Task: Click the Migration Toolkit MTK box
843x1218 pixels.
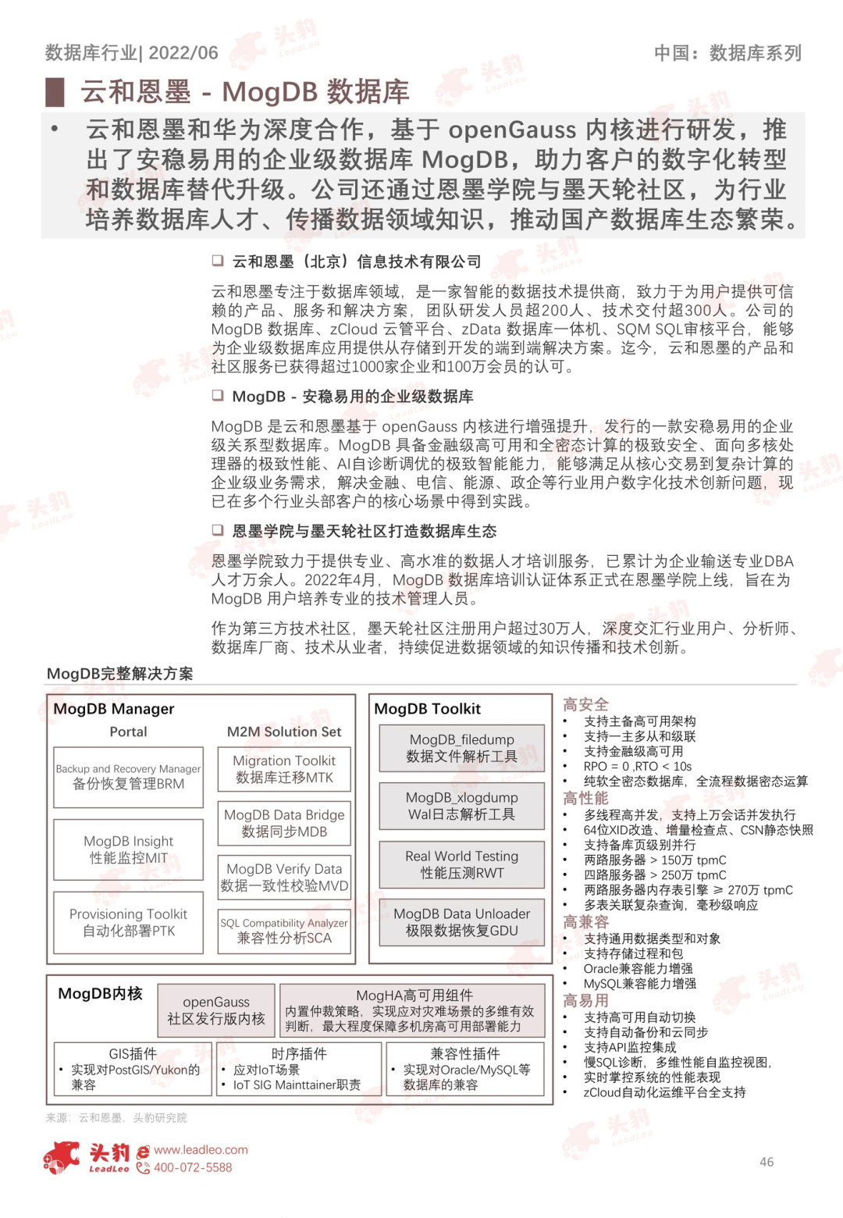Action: click(x=284, y=769)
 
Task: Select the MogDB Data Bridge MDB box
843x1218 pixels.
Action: click(x=284, y=823)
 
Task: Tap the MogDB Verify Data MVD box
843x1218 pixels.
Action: click(x=284, y=877)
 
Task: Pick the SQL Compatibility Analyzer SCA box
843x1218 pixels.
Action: click(x=284, y=931)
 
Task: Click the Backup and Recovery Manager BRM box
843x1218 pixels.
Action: click(x=129, y=777)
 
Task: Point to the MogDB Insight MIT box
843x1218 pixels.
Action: click(x=129, y=849)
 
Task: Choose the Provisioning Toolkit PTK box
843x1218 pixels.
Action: click(x=129, y=922)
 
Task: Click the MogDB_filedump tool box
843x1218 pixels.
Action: click(x=462, y=748)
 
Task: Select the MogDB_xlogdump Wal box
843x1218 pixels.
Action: click(x=462, y=806)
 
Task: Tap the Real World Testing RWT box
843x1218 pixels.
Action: click(x=462, y=864)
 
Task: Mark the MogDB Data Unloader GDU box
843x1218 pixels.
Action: click(x=462, y=922)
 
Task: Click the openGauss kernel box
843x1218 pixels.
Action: click(x=216, y=1010)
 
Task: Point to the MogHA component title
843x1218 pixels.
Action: click(x=414, y=995)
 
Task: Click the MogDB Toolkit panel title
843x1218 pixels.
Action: click(x=428, y=709)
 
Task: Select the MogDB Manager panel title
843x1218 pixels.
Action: click(x=114, y=709)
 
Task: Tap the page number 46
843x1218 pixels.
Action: click(x=767, y=1162)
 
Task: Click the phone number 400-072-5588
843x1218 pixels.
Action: click(x=193, y=1167)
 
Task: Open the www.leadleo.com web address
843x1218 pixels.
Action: click(x=201, y=1150)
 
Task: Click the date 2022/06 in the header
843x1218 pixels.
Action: click(x=183, y=53)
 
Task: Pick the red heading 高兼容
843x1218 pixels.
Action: click(x=585, y=922)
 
